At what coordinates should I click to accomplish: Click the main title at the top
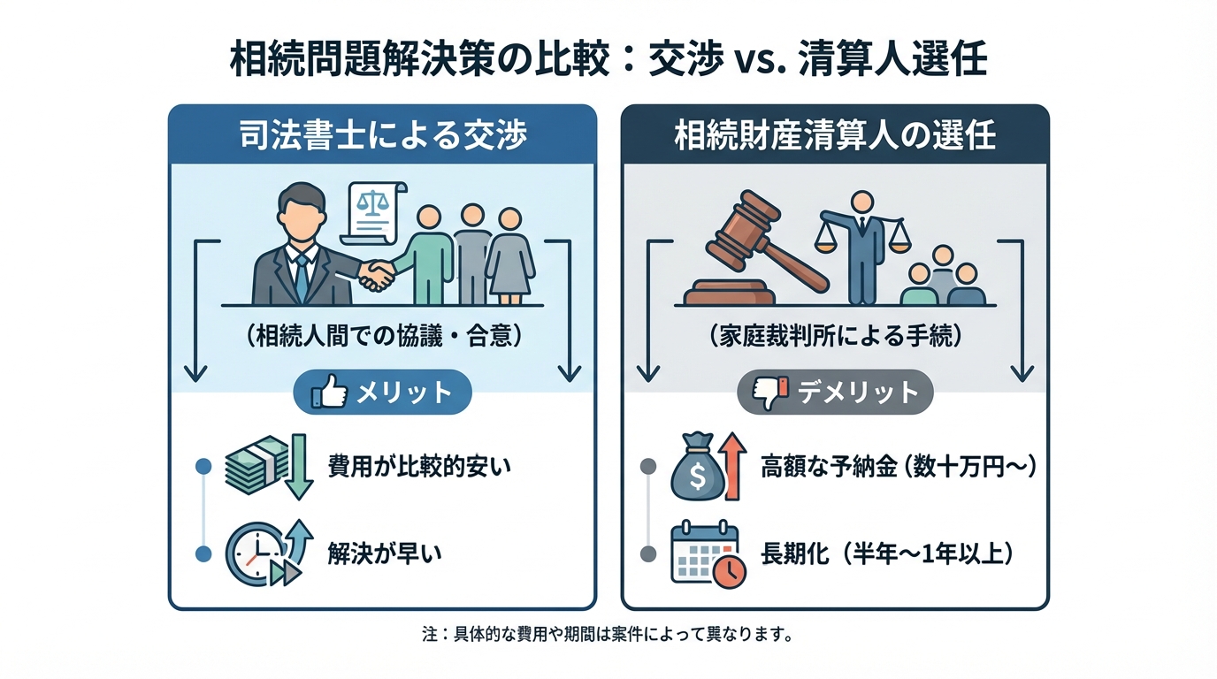tap(608, 61)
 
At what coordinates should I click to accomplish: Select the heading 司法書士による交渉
tap(382, 136)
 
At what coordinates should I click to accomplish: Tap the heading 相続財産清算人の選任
tap(835, 136)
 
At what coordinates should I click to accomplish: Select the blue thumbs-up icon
tap(329, 393)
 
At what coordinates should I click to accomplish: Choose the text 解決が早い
tap(384, 554)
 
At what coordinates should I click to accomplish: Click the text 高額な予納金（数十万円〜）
tap(898, 467)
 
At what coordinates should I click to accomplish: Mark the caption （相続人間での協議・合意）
tap(382, 336)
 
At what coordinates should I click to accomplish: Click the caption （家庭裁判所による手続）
tap(835, 336)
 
